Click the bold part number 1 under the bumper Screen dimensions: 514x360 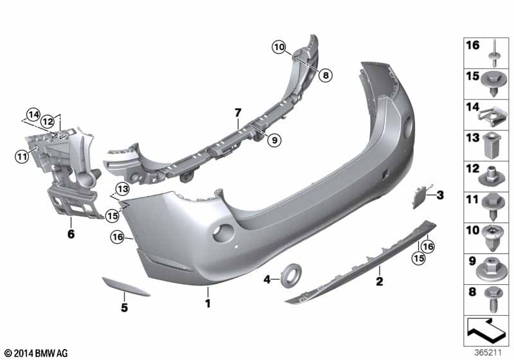[208, 303]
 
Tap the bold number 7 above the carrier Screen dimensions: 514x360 [238, 113]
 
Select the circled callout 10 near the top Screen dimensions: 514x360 [279, 47]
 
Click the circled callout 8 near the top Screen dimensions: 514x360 [326, 75]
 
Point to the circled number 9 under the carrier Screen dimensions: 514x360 [274, 140]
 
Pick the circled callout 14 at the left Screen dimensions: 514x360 [33, 115]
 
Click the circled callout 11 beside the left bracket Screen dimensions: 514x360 [22, 156]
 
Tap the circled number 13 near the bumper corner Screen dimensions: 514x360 [122, 189]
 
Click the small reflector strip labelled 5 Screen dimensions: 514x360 [126, 287]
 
